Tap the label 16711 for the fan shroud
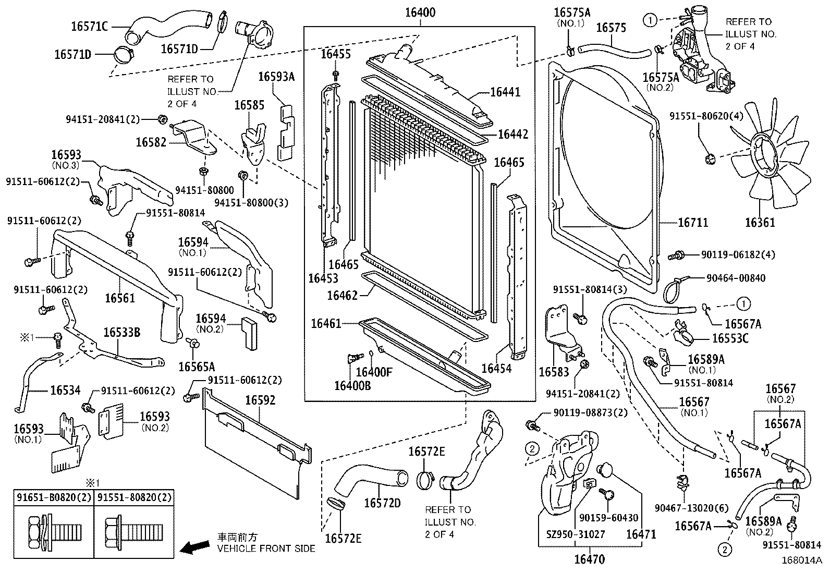[693, 223]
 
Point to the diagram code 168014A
[801, 560]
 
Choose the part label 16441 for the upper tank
[505, 92]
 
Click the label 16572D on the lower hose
[382, 503]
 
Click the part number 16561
[120, 298]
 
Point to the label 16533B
[121, 332]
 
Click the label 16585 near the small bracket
[249, 105]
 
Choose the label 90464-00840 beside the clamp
[736, 278]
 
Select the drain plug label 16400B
[352, 385]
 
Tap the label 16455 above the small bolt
[336, 54]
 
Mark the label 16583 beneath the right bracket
[554, 372]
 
